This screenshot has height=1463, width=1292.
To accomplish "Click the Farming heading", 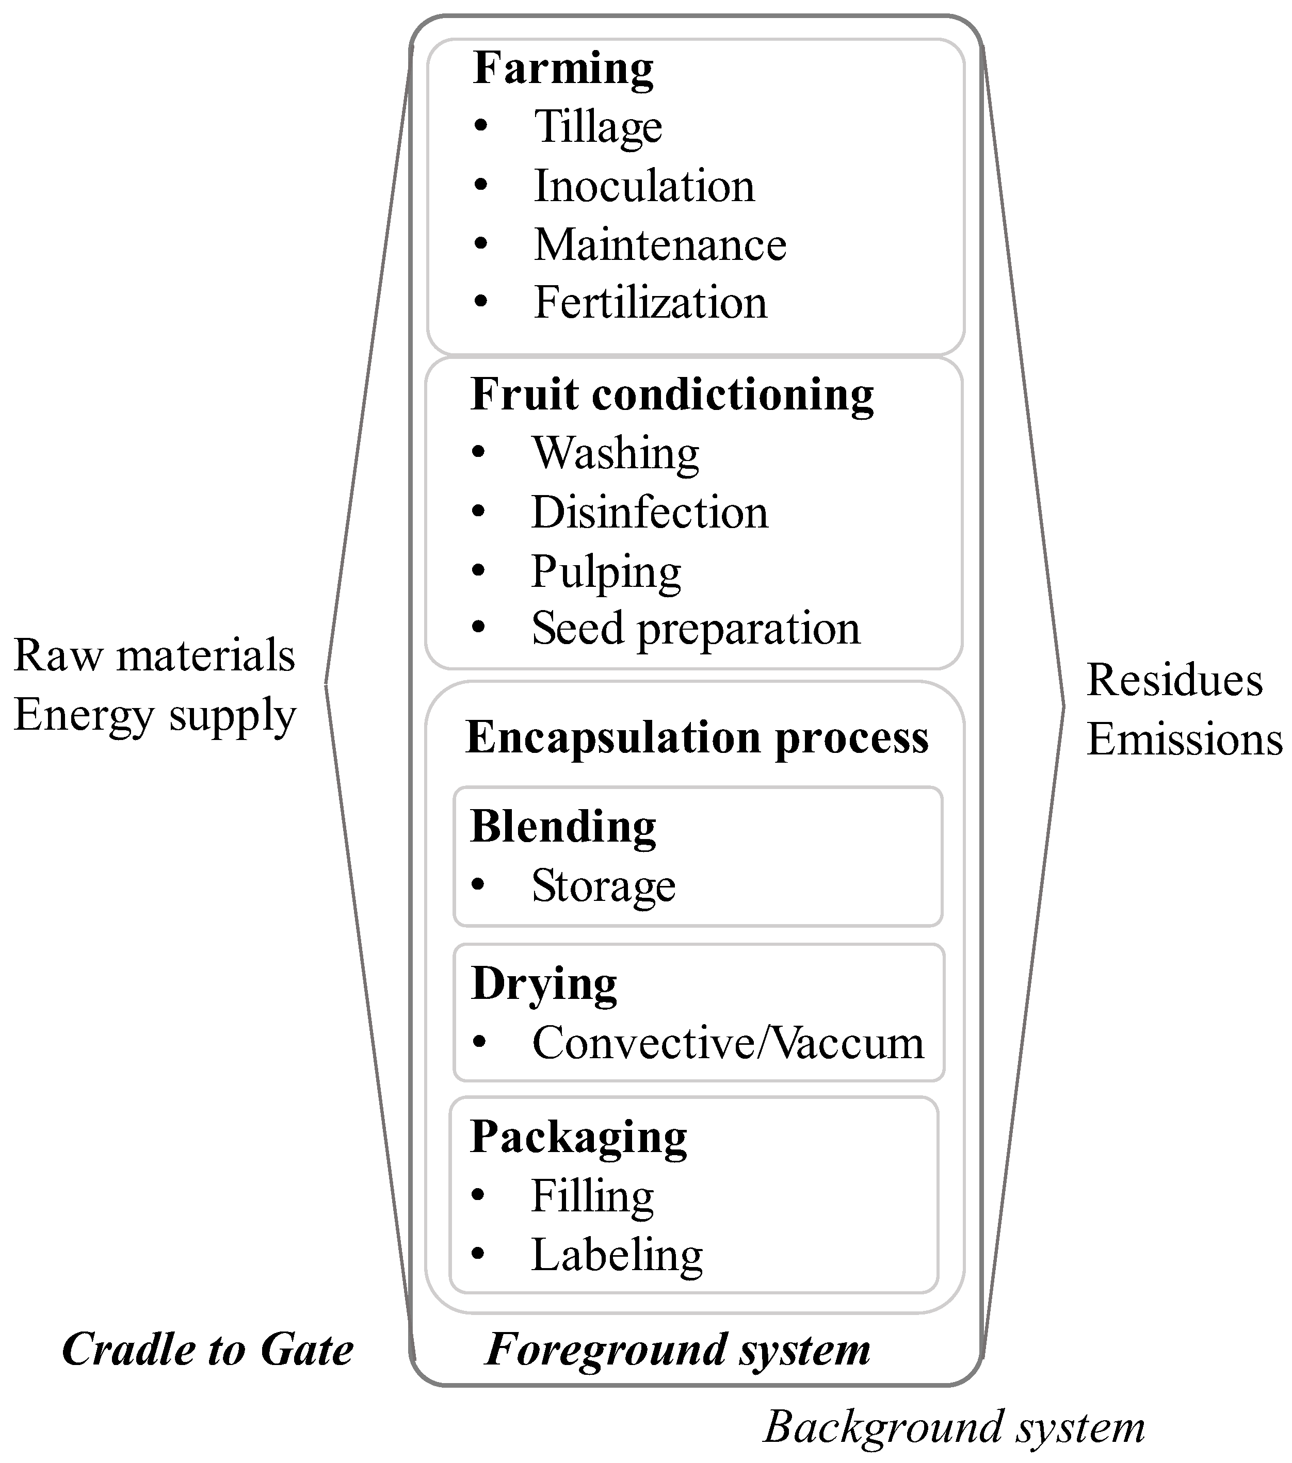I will click(x=563, y=69).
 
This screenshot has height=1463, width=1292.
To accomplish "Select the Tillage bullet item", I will click(x=598, y=127).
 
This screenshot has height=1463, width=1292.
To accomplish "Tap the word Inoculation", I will click(x=644, y=186).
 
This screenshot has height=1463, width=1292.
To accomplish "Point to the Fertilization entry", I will click(x=650, y=303).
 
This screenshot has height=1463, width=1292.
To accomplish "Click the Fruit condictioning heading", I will click(x=672, y=394).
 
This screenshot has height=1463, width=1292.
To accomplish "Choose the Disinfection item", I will click(x=649, y=513).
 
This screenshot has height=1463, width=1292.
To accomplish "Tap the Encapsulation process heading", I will click(x=697, y=737).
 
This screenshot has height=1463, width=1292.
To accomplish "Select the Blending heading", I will click(x=563, y=827).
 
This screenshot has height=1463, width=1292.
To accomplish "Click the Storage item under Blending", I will click(x=603, y=886).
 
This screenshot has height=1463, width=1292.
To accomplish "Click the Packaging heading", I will click(x=578, y=1136).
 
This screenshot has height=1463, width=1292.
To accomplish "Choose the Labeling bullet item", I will click(x=617, y=1255).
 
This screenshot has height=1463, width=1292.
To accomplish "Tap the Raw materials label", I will click(x=154, y=655).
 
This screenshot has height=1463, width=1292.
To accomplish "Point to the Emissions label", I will click(x=1185, y=739).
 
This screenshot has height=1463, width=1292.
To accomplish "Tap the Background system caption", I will click(x=954, y=1427).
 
